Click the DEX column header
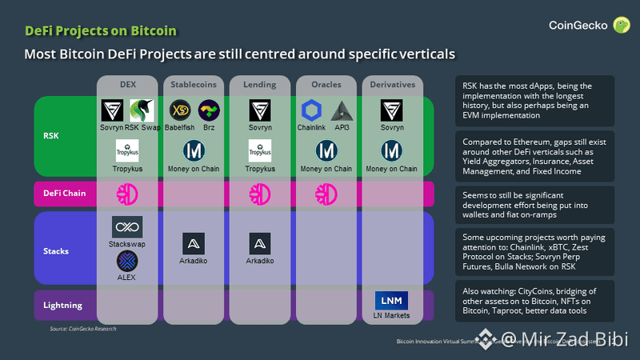[x=128, y=84]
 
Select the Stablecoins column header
[x=193, y=84]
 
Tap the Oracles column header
[x=325, y=84]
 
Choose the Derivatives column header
[x=391, y=84]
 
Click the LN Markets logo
[x=391, y=300]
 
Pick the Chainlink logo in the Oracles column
[x=310, y=110]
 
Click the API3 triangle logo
[x=342, y=110]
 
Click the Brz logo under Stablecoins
[x=209, y=110]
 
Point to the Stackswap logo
[x=127, y=226]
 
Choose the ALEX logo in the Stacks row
[x=127, y=261]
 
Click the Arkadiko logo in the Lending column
[x=258, y=243]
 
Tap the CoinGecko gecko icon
[x=620, y=26]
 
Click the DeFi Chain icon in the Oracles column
[x=325, y=194]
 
